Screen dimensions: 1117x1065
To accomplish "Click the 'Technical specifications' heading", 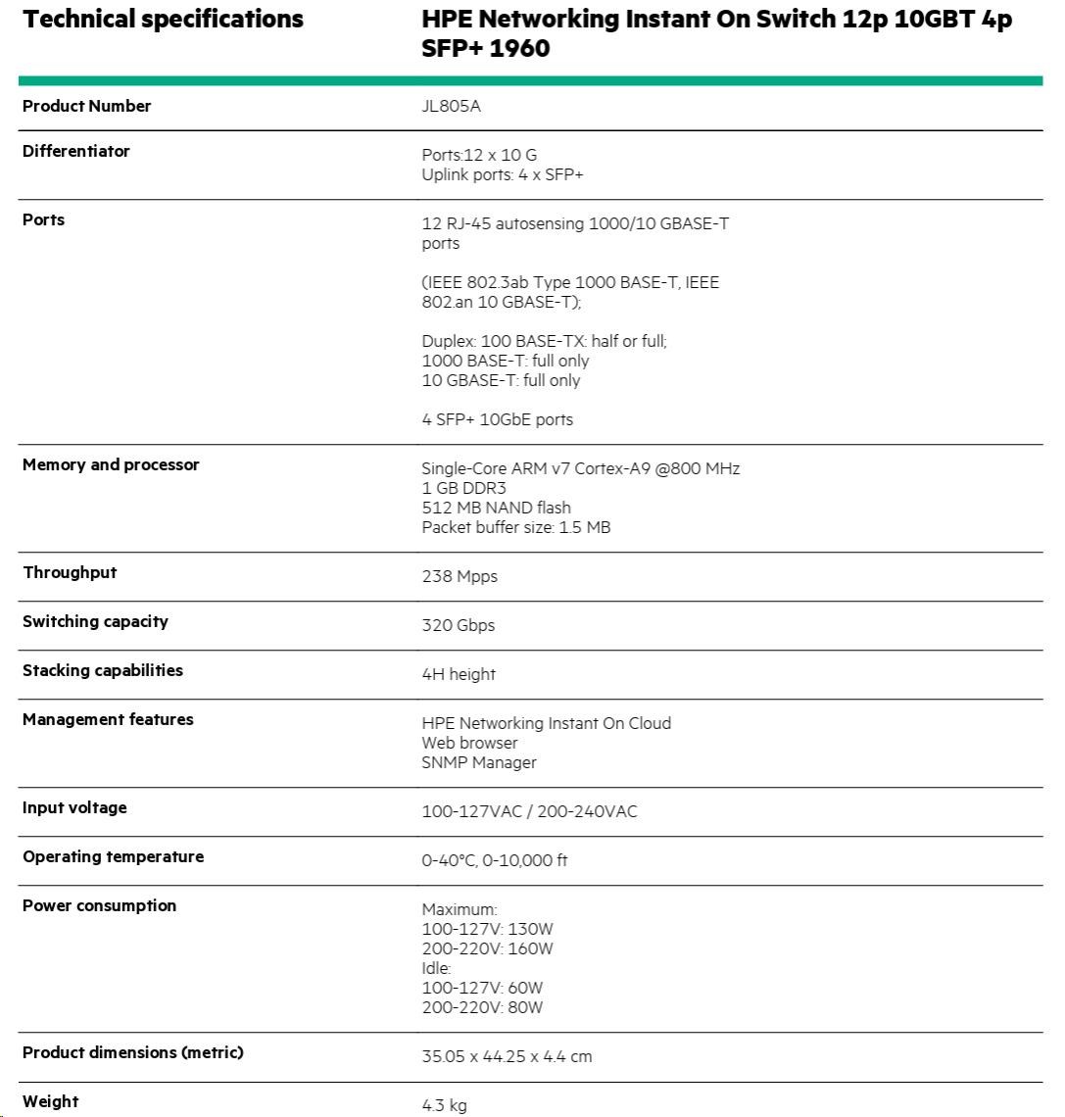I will coord(163,20).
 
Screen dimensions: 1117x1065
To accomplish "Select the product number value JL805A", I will coord(451,107).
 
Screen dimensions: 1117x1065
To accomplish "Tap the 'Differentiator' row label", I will coord(76,151).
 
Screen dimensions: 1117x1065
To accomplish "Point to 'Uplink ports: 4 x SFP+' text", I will coord(503,174).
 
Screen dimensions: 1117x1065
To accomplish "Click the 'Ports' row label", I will coord(44,219).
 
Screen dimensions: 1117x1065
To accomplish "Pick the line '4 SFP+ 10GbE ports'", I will coord(497,419).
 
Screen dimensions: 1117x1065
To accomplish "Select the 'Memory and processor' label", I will coord(111,464).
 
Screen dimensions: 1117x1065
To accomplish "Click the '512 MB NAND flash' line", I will coord(496,508).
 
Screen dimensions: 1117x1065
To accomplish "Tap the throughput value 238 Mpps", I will coord(460,576).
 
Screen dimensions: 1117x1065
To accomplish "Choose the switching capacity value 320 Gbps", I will coord(459,625).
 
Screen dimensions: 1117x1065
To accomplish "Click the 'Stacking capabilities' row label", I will coord(103,670).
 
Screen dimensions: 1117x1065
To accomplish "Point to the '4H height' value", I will coord(459,674).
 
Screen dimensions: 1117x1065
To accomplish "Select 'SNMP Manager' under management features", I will coord(479,762).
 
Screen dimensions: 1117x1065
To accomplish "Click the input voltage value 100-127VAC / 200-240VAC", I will coord(529,811).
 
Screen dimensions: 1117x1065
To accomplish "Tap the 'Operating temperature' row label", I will coord(114,856).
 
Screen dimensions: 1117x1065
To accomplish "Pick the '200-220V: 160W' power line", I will coord(487,948).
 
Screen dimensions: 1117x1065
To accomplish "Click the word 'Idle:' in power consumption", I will coord(436,968).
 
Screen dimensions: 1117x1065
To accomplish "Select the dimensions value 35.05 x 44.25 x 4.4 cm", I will coord(507,1056).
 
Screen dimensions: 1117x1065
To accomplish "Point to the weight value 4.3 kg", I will coord(444,1105).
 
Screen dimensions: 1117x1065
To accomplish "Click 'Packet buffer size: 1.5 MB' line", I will coord(515,527).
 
